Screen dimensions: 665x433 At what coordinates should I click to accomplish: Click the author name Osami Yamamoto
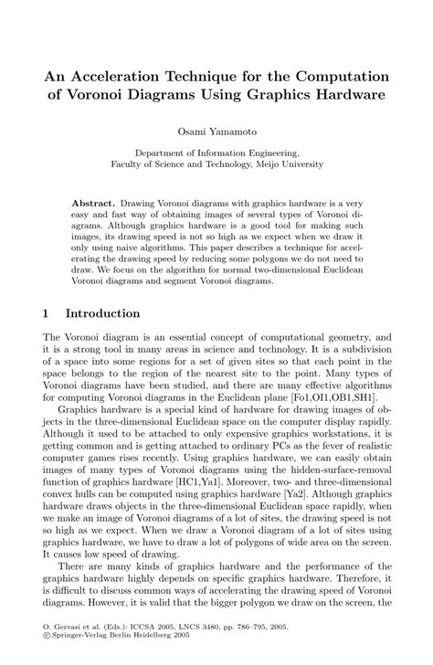click(216, 132)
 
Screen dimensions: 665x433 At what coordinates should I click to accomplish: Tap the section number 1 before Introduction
click(46, 314)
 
